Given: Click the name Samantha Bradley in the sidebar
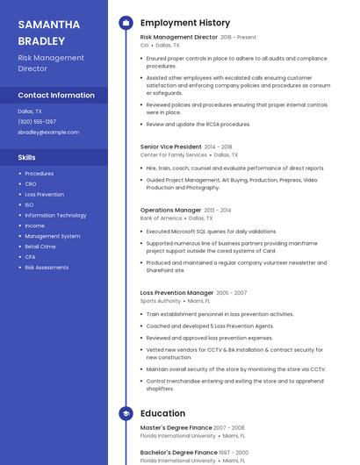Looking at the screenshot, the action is point(49,32).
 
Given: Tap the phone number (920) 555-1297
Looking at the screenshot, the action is point(37,121).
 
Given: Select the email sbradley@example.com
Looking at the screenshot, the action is point(48,132).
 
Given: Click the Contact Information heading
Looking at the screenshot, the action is point(56,95).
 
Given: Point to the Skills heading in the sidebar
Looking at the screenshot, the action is point(27,157).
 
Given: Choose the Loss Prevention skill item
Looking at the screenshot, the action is point(44,194).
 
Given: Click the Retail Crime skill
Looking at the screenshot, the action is point(40,247).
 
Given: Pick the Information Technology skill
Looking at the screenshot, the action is point(55,215).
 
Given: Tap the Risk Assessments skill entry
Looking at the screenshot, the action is point(47,268).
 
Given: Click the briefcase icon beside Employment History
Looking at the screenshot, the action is point(126,23).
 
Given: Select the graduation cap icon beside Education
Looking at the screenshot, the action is point(126,413).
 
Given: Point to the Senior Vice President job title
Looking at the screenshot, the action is point(171,147).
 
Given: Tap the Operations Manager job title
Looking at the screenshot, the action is point(171,211).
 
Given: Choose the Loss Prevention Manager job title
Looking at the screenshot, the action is point(176,292).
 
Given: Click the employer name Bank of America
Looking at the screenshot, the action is point(162,218).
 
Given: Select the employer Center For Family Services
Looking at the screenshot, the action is point(174,154).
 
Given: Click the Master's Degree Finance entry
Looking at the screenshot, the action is point(176,427).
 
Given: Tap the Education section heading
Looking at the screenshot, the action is point(162,413).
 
